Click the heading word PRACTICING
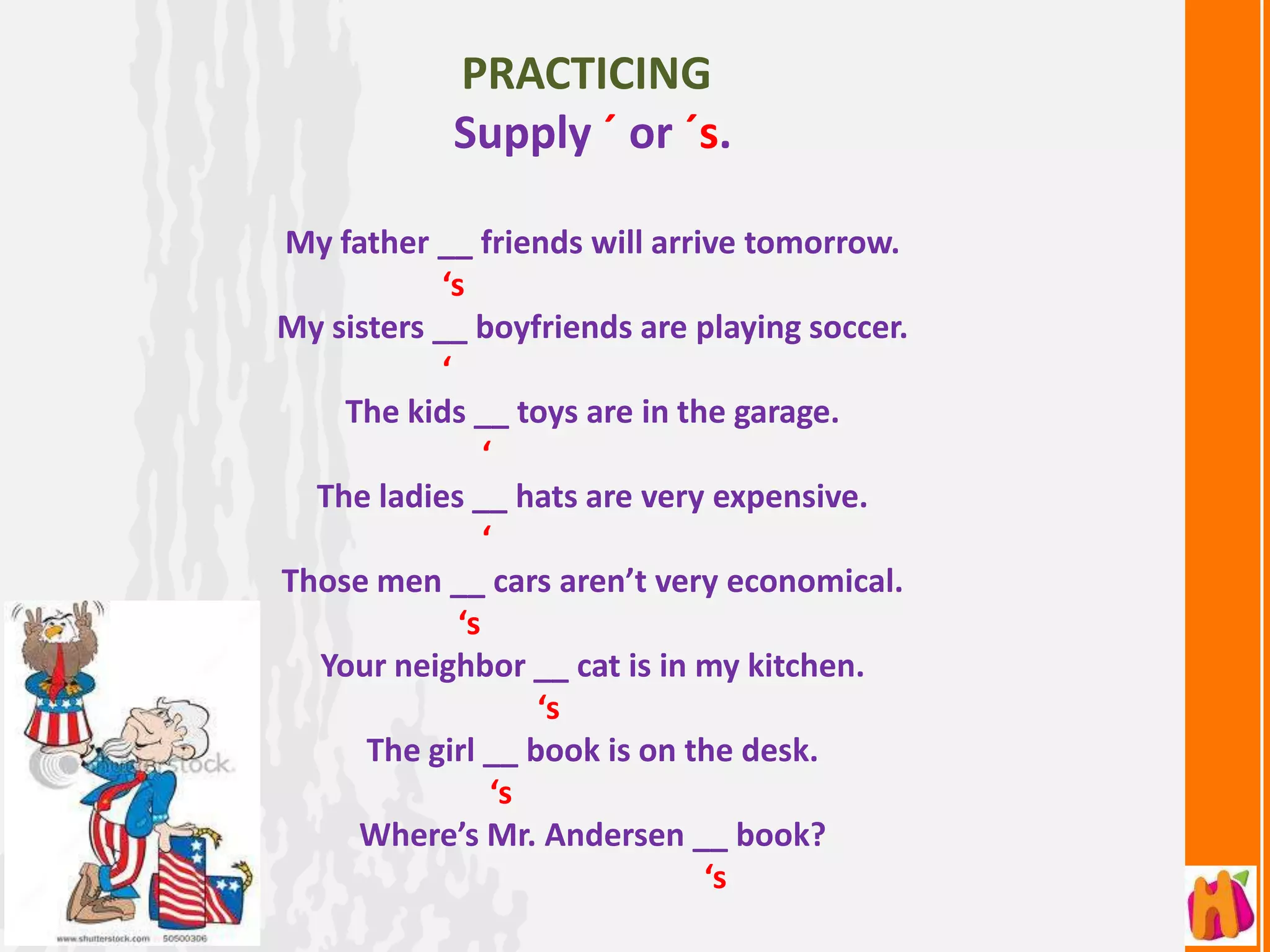coord(586,74)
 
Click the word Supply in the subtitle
coord(522,134)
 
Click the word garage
coord(786,412)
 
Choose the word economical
coord(814,581)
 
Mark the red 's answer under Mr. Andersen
coord(716,877)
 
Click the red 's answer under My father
coord(454,284)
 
